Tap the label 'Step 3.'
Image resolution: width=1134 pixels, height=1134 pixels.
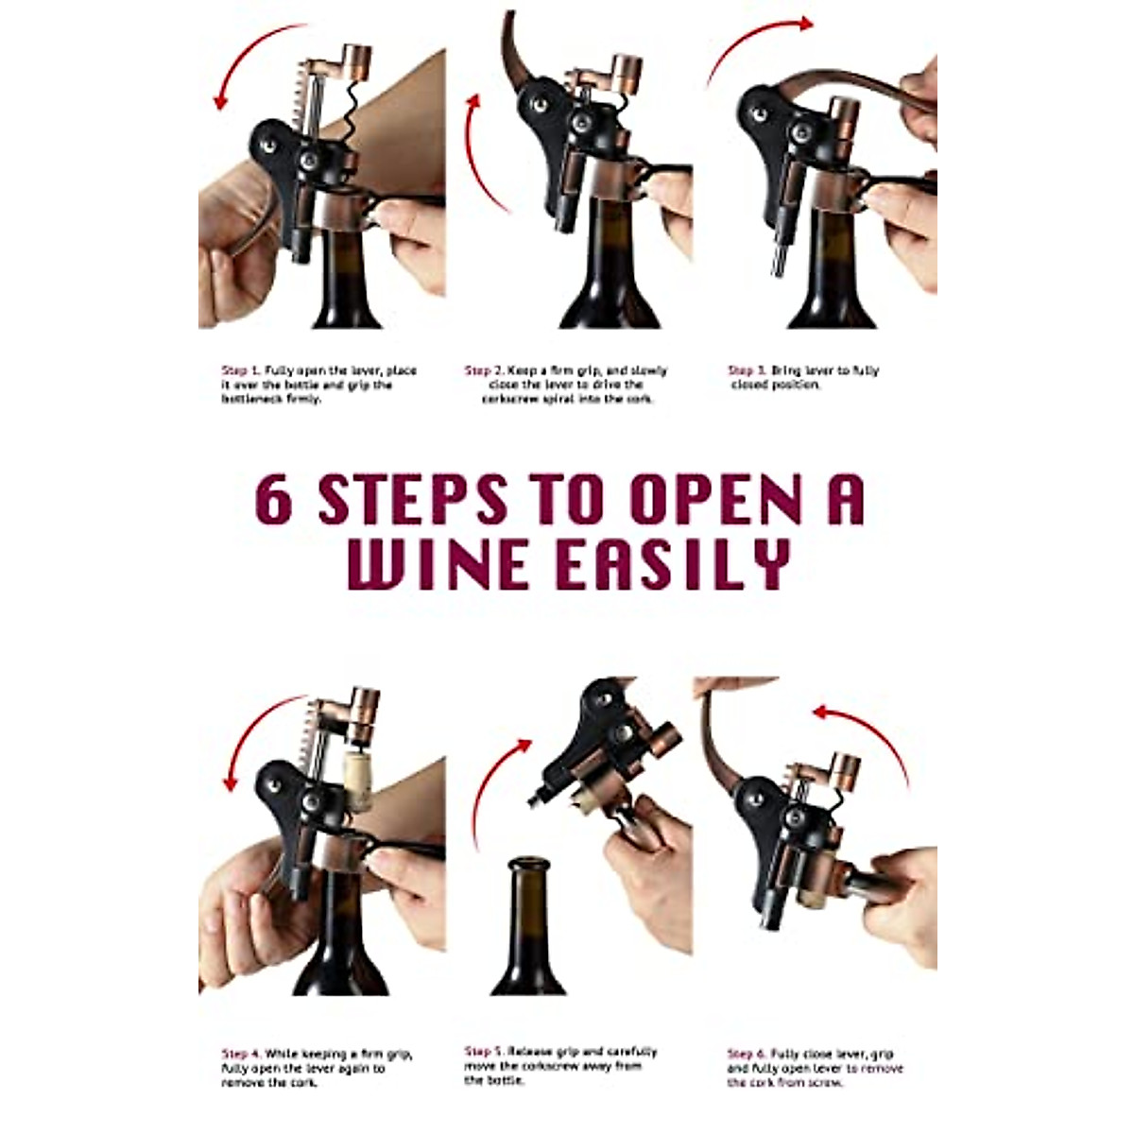click(747, 370)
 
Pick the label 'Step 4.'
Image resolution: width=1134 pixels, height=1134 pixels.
click(241, 1054)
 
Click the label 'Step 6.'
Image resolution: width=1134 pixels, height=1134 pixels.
click(747, 1054)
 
